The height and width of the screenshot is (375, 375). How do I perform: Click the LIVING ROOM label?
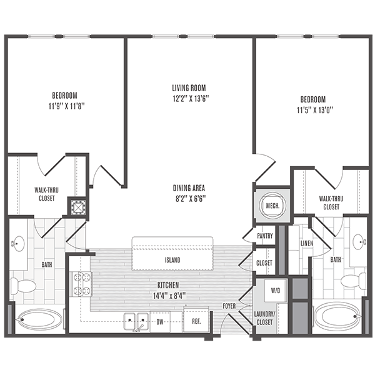189,88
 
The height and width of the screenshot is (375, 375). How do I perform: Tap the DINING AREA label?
189,187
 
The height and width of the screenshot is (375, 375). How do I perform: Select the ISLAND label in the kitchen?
172,259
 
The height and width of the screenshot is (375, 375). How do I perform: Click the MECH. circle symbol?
272,205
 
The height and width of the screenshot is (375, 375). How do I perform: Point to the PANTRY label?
264,236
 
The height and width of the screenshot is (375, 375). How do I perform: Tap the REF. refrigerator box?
196,322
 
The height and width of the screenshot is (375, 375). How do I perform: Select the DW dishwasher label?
161,322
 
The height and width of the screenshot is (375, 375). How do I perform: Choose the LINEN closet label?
306,242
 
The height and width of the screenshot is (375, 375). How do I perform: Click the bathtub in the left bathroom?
39,321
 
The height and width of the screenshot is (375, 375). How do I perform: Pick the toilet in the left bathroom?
26,287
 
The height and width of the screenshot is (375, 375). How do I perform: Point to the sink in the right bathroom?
358,241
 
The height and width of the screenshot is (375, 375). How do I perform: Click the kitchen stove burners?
82,283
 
